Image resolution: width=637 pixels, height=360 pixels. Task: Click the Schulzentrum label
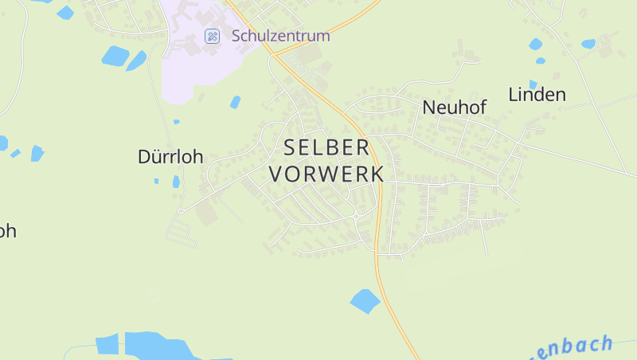click(280, 36)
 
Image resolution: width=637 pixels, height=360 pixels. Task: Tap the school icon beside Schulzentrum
click(213, 36)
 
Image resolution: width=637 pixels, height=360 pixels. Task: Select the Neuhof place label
click(455, 108)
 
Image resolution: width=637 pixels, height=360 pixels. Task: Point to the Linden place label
click(537, 95)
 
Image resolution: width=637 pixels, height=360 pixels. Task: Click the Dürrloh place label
click(170, 157)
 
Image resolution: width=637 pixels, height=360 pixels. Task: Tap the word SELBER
click(326, 147)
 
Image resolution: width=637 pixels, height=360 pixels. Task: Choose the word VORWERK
click(326, 174)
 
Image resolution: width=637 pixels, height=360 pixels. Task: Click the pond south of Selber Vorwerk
click(365, 301)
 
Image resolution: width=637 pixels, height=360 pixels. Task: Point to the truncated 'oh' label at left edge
click(7, 231)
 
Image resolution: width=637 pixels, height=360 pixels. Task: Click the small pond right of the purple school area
click(235, 102)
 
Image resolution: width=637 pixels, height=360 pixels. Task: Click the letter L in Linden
click(513, 95)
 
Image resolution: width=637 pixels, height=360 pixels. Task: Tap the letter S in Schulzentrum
click(236, 36)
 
